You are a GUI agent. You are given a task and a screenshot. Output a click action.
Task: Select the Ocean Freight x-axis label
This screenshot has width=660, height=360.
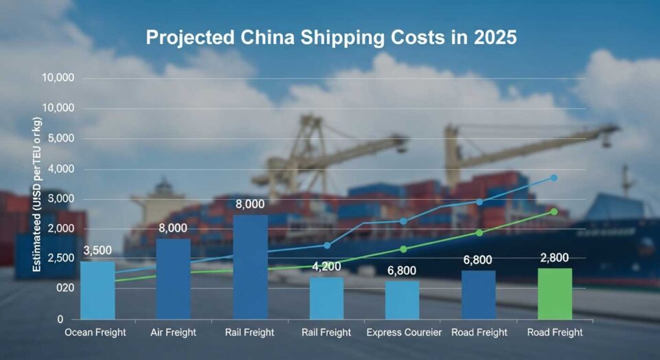click(x=95, y=333)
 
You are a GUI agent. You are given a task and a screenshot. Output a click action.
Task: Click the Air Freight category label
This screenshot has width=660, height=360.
click(x=173, y=333)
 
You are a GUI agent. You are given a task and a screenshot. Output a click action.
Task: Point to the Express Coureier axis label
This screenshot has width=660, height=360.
click(x=404, y=333)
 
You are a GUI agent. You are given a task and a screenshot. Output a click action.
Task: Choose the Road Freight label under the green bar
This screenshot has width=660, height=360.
click(x=554, y=333)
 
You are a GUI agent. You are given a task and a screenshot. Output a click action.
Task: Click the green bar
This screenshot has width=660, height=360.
click(x=554, y=294)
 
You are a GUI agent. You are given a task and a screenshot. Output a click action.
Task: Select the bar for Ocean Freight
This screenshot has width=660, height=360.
click(x=98, y=291)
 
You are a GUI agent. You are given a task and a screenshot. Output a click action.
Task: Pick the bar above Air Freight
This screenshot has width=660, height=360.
click(x=173, y=279)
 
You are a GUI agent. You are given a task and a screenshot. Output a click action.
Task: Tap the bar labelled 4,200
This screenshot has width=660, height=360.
click(x=326, y=298)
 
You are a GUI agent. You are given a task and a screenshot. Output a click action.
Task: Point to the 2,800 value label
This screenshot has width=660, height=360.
click(x=554, y=258)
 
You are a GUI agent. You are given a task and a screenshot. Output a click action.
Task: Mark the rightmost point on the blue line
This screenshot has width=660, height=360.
click(x=554, y=178)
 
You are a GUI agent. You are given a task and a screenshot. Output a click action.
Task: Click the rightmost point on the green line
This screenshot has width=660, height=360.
click(x=554, y=212)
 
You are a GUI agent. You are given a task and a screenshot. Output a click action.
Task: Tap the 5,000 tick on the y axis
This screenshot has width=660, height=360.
click(x=58, y=139)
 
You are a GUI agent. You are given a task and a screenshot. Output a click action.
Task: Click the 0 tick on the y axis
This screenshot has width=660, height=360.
click(x=60, y=319)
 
